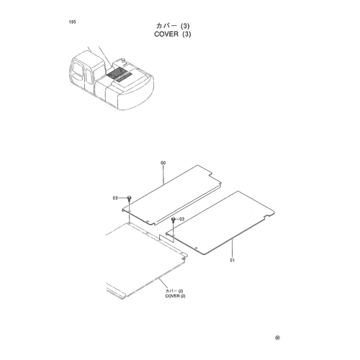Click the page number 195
click(x=72, y=22)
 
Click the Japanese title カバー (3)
click(x=173, y=26)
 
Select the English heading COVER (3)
click(x=173, y=34)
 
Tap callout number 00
click(x=163, y=163)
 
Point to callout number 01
click(x=232, y=260)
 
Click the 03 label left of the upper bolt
click(x=115, y=198)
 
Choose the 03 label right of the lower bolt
click(x=182, y=219)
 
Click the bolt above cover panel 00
click(x=130, y=198)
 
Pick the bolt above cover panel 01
click(x=173, y=220)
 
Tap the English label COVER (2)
click(x=175, y=296)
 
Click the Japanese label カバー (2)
click(x=174, y=291)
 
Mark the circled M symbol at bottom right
click(x=277, y=338)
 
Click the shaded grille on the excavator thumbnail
click(x=119, y=74)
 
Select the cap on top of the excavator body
click(x=124, y=60)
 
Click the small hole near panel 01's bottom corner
click(x=196, y=248)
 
